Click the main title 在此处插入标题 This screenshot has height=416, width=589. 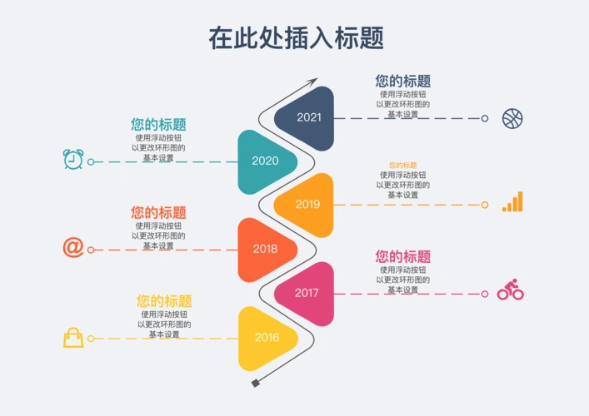pos(296,37)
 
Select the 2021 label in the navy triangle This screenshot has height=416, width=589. pos(308,117)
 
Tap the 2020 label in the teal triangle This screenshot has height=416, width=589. pos(265,161)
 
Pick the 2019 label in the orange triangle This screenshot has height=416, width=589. pos(307,205)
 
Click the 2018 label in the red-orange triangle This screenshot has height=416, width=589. pos(265,249)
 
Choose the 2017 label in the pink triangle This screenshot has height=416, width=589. pos(307,293)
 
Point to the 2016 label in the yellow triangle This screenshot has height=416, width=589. pos(267,338)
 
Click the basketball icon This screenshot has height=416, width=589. pos(512,118)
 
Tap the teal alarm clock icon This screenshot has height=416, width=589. pos(73,159)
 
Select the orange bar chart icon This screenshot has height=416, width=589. pos(512,202)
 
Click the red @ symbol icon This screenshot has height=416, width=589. pos(73,247)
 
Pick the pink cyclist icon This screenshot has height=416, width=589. pos(510,290)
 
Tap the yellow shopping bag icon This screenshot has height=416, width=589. pos(73,337)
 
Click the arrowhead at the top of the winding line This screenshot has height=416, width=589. pos(313,82)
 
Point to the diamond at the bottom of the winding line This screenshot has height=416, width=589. pos(256,383)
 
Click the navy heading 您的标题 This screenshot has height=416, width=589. pos(402,82)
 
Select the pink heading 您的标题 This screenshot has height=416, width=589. pos(402,257)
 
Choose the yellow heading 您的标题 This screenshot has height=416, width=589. pos(164,301)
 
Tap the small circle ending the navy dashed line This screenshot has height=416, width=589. pos(485,118)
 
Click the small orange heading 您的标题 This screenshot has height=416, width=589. pos(402,166)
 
